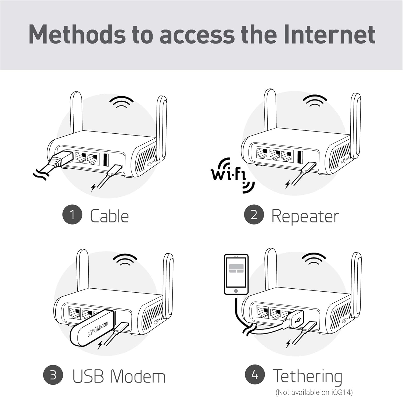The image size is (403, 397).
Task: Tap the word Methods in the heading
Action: tap(77, 34)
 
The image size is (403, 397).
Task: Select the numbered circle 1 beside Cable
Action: tap(72, 215)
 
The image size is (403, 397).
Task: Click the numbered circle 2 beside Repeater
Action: tap(254, 215)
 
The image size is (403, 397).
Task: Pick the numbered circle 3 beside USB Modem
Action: tap(53, 375)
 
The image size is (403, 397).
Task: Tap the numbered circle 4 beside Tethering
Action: tap(255, 374)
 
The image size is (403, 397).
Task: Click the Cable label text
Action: tap(109, 216)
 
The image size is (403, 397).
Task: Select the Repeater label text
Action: tap(305, 217)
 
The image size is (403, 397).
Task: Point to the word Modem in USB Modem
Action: tap(138, 376)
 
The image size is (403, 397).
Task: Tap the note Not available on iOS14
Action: tap(314, 392)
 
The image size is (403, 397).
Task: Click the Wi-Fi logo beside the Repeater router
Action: tap(230, 174)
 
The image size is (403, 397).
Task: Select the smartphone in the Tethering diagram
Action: tap(236, 274)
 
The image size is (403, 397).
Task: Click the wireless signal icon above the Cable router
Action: tap(121, 102)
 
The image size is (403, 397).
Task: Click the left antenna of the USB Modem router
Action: tap(82, 269)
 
